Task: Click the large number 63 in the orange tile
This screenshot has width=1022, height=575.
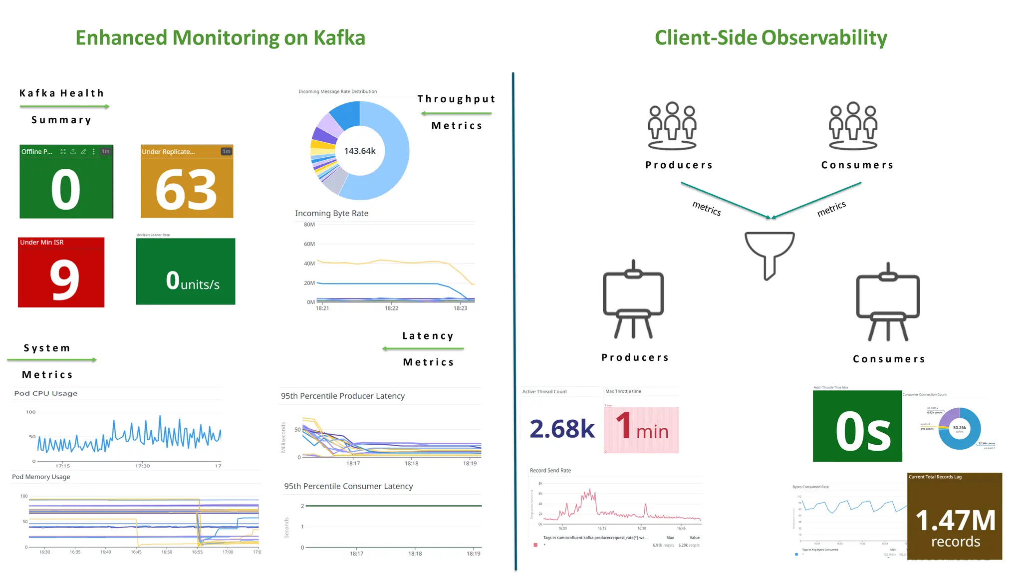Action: point(186,190)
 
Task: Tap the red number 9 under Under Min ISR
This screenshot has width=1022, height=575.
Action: point(64,280)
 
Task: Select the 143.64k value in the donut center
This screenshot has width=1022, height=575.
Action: point(360,151)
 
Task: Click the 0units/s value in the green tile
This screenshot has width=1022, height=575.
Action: point(193,281)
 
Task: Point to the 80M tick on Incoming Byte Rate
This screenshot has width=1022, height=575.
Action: point(309,225)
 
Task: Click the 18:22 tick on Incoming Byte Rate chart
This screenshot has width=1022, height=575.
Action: point(391,308)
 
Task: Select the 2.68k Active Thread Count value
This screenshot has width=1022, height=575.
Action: point(562,429)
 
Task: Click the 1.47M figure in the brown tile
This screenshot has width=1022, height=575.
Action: point(955,520)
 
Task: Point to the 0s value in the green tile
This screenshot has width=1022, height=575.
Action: point(863,432)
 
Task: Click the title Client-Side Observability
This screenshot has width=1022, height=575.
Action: point(770,38)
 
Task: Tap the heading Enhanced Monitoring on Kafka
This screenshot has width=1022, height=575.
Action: point(220,38)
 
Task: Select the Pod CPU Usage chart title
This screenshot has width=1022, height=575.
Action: point(46,393)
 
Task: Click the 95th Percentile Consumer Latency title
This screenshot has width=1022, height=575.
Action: point(348,486)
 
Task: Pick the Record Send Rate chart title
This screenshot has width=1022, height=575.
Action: point(550,470)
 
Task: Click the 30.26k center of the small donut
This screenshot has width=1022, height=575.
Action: point(959,428)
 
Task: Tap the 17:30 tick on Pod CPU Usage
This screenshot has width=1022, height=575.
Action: point(142,466)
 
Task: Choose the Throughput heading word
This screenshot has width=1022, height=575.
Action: point(456,99)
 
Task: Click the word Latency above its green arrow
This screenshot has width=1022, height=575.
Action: point(428,336)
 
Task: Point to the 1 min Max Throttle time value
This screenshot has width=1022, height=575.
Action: point(642,427)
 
